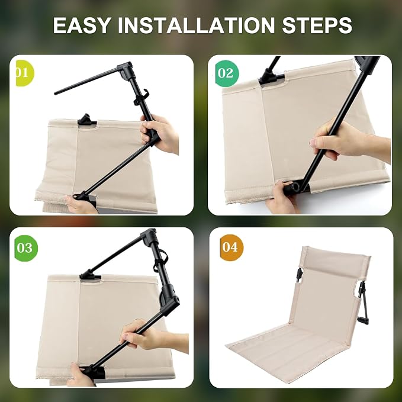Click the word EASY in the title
[81, 25]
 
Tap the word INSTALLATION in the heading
[196, 25]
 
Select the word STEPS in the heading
[317, 25]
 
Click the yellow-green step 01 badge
[24, 73]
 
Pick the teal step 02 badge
[227, 73]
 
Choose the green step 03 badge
[25, 248]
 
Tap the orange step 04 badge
[231, 247]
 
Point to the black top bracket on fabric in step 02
[271, 76]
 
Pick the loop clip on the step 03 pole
[160, 261]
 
